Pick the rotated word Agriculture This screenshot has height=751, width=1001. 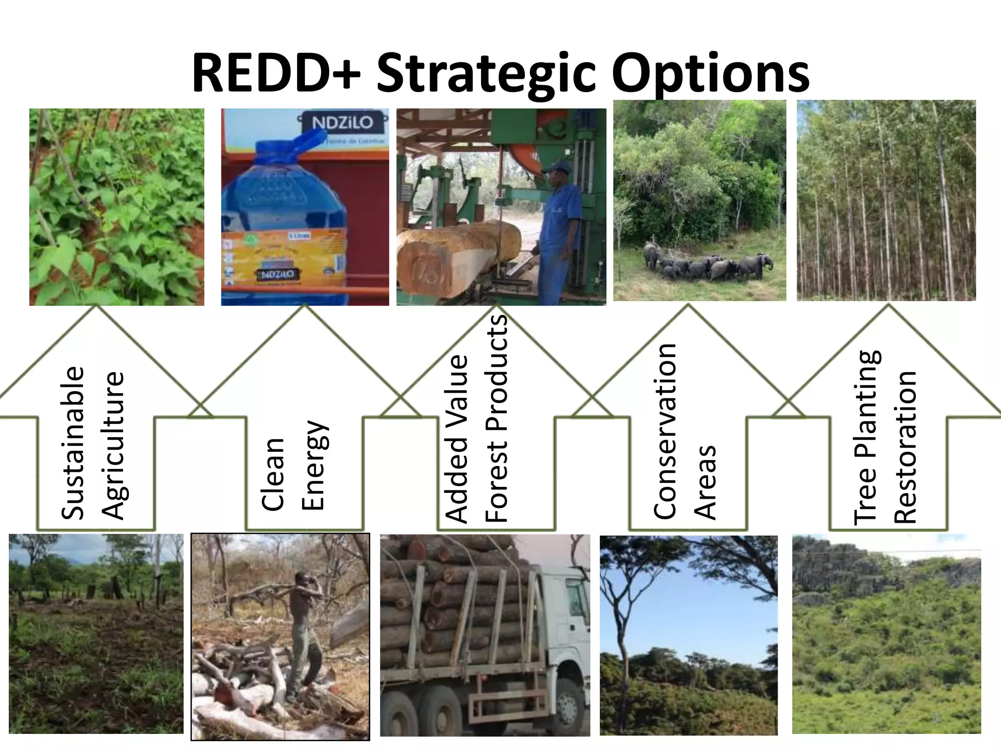pyautogui.click(x=113, y=445)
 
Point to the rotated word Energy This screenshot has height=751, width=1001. pyautogui.click(x=313, y=465)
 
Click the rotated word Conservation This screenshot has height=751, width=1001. pyautogui.click(x=665, y=430)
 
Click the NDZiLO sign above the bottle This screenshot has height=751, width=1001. pyautogui.click(x=349, y=123)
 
